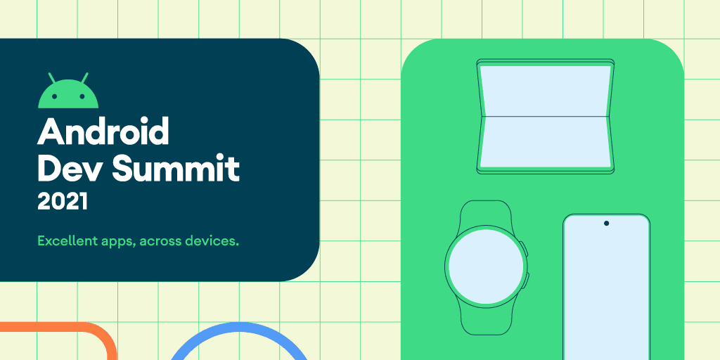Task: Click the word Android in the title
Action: click(x=103, y=131)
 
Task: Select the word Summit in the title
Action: click(x=176, y=168)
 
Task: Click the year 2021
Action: click(x=63, y=202)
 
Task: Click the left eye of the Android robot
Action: click(x=54, y=96)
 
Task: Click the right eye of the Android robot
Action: click(x=82, y=96)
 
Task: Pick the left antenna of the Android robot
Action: click(x=52, y=77)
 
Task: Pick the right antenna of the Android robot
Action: click(x=84, y=77)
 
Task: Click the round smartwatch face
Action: click(x=485, y=266)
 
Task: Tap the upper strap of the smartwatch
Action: click(x=485, y=213)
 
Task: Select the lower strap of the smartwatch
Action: click(x=485, y=321)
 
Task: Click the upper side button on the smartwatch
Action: click(x=525, y=250)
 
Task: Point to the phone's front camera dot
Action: click(x=606, y=223)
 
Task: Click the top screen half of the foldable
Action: click(x=546, y=91)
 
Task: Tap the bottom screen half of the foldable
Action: click(x=546, y=141)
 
